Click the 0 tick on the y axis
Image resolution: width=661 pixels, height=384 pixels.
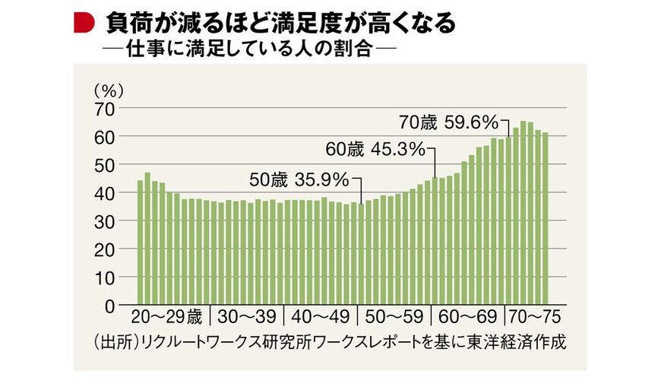[109, 305]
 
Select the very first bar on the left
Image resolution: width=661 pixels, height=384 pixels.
[141, 242]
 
